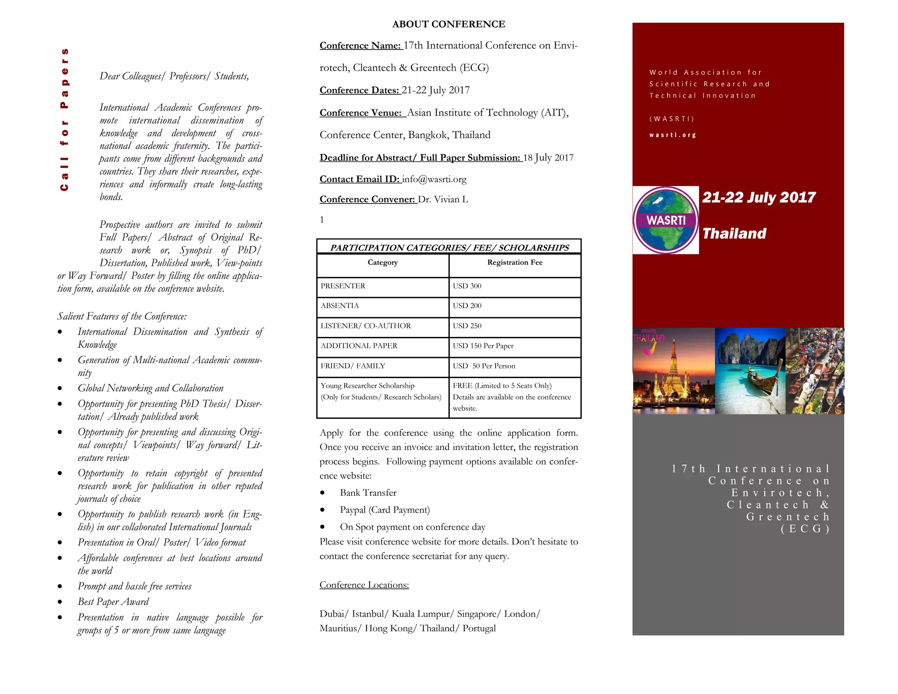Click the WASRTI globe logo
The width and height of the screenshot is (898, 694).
tap(665, 220)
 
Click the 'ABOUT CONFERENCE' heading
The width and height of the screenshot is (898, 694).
tap(449, 24)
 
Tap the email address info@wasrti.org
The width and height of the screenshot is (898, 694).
tap(434, 179)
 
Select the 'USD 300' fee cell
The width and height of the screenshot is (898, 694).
tap(467, 286)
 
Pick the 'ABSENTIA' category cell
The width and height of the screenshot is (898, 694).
tap(340, 306)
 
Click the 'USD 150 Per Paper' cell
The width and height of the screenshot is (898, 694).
tap(483, 346)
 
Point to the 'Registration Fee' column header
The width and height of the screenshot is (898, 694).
tap(515, 262)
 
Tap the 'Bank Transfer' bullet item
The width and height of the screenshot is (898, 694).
tap(368, 493)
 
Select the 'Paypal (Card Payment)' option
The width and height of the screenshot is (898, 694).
tap(385, 510)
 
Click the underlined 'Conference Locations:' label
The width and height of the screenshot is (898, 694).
tap(364, 585)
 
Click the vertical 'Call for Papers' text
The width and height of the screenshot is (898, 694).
tap(64, 119)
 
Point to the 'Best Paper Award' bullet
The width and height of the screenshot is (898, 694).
tap(113, 601)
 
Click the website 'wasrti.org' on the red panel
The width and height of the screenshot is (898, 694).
tap(673, 135)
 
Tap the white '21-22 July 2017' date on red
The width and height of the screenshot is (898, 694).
tap(759, 197)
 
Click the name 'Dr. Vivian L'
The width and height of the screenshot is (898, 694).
tap(443, 199)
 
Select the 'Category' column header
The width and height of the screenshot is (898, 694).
tap(382, 262)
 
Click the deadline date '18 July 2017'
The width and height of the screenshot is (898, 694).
tap(548, 157)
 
